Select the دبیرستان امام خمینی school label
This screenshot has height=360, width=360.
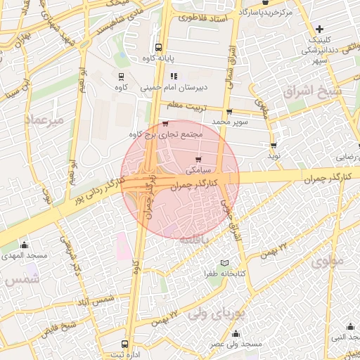click(167, 89)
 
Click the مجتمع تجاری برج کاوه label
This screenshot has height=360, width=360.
click(166, 134)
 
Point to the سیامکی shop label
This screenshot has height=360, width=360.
click(198, 170)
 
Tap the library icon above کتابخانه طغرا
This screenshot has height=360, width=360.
click(225, 263)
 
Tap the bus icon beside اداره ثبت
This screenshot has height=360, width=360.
click(124, 344)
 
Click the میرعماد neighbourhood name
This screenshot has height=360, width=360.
click(43, 120)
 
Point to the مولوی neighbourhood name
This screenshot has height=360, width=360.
click(326, 263)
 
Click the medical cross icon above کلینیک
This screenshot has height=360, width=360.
click(320, 29)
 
